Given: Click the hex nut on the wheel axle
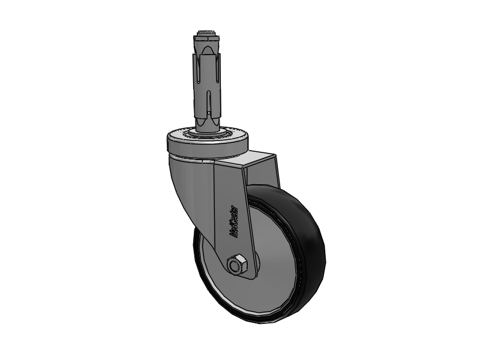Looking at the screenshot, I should pyautogui.click(x=235, y=265).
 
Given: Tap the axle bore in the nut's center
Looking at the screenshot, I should pyautogui.click(x=235, y=265).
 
